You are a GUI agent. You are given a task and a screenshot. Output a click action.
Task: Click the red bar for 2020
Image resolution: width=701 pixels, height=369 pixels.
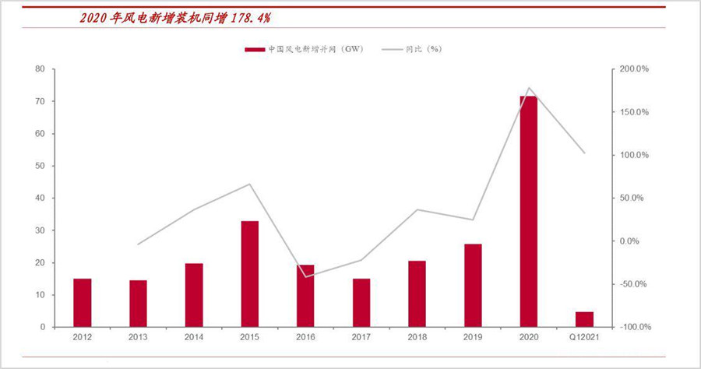529,211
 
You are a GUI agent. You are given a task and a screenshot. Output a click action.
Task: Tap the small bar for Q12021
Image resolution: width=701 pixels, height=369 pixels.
584,319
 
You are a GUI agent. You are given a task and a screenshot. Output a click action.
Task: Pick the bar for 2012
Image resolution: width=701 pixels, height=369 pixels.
83,303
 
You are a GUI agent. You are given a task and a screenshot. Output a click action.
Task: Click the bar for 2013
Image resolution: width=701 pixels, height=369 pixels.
138,304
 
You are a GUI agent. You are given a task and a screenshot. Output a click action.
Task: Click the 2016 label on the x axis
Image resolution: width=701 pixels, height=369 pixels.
305,336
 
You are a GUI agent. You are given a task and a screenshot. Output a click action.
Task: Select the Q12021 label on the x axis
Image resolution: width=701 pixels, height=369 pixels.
584,336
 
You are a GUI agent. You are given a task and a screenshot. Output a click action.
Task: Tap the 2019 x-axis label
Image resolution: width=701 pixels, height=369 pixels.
473,336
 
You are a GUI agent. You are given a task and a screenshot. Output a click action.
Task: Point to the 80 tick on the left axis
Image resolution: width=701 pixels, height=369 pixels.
39,69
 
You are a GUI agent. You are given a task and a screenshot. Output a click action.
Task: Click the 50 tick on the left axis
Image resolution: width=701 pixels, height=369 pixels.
39,166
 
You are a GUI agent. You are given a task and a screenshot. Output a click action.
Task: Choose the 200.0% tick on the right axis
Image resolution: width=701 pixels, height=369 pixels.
633,69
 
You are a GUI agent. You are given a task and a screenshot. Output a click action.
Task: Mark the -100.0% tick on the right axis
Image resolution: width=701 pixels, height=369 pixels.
633,327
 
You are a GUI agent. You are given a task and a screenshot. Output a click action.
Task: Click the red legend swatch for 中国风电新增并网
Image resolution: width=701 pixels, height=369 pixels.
255,49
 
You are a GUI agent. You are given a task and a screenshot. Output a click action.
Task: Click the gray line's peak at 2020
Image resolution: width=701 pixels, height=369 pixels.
529,88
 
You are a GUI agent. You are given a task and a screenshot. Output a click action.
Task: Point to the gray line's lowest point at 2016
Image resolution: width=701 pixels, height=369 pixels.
305,277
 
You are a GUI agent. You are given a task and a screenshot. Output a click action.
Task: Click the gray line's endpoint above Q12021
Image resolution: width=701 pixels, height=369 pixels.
584,153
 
